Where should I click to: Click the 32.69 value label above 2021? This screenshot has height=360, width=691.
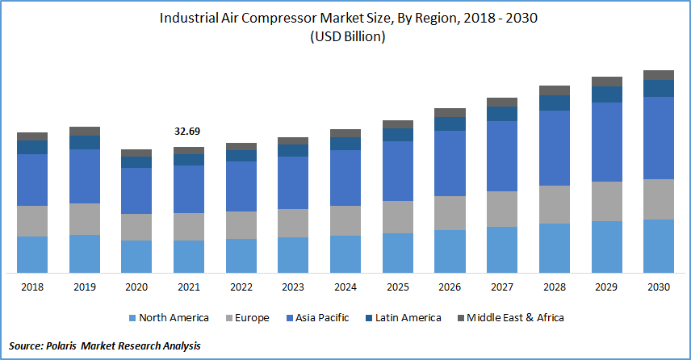pos(189,131)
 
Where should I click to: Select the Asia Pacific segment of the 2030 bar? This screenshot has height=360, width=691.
pos(659,137)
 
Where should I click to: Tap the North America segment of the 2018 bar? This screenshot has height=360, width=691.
pos(32,254)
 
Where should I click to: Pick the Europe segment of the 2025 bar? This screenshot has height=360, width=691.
pos(398,217)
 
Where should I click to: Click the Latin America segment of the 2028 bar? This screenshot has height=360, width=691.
pos(555,103)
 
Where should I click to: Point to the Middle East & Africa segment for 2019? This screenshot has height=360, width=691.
pos(85,131)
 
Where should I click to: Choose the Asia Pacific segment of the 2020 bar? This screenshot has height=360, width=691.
pos(136,190)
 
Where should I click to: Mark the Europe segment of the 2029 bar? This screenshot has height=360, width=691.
pos(607,201)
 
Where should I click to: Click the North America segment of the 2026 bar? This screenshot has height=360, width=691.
pos(450,251)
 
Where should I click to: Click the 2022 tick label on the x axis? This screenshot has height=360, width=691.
pos(241,287)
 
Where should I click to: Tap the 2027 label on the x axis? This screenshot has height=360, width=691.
pos(502,287)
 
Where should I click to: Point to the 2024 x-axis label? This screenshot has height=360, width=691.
pos(345,287)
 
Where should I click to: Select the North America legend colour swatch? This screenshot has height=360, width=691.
pos(130,318)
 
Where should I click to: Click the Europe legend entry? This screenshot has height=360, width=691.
pos(245,318)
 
